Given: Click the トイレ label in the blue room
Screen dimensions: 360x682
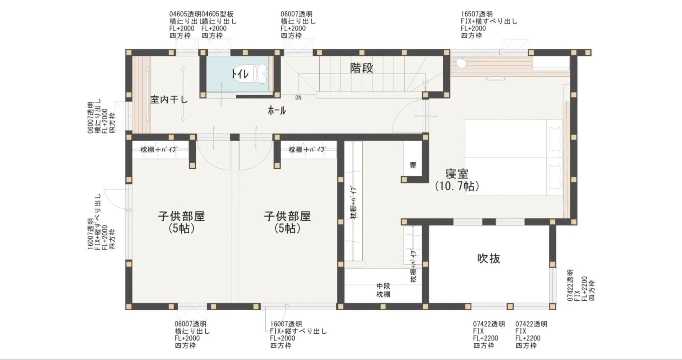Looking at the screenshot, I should pyautogui.click(x=240, y=74).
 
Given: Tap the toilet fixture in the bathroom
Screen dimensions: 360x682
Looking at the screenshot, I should pyautogui.click(x=259, y=73).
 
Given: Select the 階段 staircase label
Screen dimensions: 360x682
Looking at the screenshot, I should pyautogui.click(x=362, y=68).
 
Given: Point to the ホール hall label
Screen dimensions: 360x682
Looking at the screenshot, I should pyautogui.click(x=277, y=110).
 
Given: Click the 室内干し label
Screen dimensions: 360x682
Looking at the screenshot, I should pyautogui.click(x=169, y=99).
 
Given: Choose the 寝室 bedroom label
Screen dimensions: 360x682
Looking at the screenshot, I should pyautogui.click(x=457, y=174).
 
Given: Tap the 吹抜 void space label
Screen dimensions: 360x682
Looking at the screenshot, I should pyautogui.click(x=488, y=258).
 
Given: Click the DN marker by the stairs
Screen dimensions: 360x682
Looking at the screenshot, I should pyautogui.click(x=298, y=98).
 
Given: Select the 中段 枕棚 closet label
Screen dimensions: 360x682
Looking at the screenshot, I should pyautogui.click(x=383, y=290).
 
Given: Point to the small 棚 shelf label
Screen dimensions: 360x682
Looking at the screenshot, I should pyautogui.click(x=413, y=165).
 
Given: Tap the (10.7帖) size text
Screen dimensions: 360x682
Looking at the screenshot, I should pyautogui.click(x=457, y=186).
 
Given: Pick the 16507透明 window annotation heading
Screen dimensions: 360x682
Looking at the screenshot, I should pyautogui.click(x=477, y=14).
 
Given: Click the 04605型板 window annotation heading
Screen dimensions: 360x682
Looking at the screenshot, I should pyautogui.click(x=217, y=14).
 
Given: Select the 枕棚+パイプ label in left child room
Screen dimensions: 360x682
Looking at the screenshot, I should pyautogui.click(x=158, y=149).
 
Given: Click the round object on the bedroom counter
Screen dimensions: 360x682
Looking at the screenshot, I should pyautogui.click(x=461, y=63).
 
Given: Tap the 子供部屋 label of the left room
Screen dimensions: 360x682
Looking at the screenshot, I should pyautogui.click(x=181, y=216).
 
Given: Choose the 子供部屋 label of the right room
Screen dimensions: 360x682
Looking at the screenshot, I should pyautogui.click(x=287, y=216).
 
